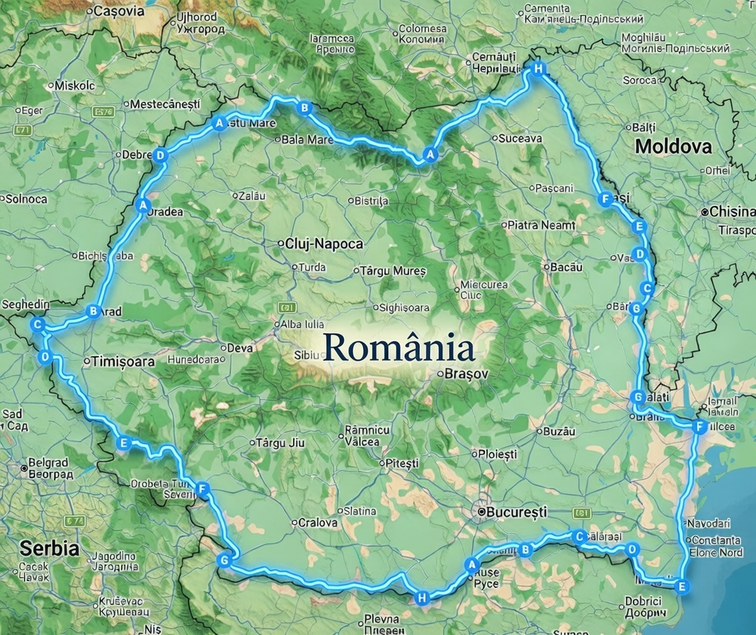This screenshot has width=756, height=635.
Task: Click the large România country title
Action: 399,348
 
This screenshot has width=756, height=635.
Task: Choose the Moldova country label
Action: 673,146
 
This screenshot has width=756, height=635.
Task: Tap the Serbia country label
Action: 49,548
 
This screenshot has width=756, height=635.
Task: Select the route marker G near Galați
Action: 638,397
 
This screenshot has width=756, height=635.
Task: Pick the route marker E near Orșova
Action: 123,443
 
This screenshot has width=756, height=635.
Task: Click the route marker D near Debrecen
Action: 160,155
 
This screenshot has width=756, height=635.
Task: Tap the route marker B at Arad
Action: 93,311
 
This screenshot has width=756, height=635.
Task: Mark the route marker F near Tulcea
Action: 698,427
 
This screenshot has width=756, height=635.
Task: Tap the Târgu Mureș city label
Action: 393,271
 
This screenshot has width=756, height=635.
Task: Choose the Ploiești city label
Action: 497,454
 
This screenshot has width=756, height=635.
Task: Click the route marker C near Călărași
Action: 579,536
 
